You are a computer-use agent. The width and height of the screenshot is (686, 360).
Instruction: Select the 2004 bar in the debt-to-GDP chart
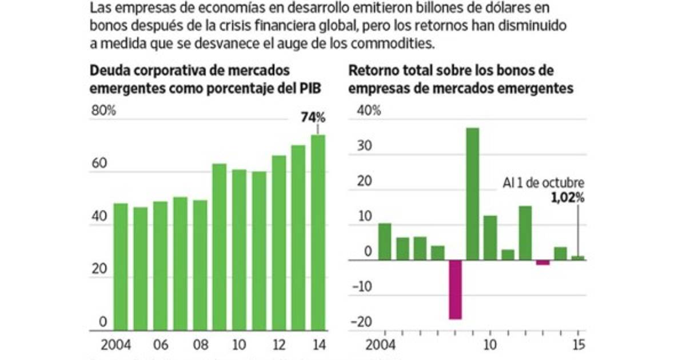click(x=121, y=266)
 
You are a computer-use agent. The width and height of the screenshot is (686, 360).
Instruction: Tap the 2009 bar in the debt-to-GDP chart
click(x=220, y=247)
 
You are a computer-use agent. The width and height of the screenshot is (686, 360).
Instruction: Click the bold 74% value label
click(x=313, y=118)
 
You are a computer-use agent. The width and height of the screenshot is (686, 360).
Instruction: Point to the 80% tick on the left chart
click(x=103, y=111)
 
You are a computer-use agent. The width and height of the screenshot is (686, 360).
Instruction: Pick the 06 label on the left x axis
click(x=161, y=345)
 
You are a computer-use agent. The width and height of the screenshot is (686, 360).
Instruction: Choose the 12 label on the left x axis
click(x=278, y=345)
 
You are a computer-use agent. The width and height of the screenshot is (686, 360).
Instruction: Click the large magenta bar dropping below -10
click(x=455, y=289)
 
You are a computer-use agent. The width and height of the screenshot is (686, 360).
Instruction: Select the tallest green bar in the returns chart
click(x=472, y=194)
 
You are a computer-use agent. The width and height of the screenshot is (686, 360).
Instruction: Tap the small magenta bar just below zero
click(x=543, y=263)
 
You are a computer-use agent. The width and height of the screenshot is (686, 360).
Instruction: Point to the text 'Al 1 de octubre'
click(x=543, y=183)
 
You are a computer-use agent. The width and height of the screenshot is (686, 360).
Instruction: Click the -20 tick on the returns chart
click(x=362, y=322)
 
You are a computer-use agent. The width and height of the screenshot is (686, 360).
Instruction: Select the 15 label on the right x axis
click(x=579, y=345)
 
